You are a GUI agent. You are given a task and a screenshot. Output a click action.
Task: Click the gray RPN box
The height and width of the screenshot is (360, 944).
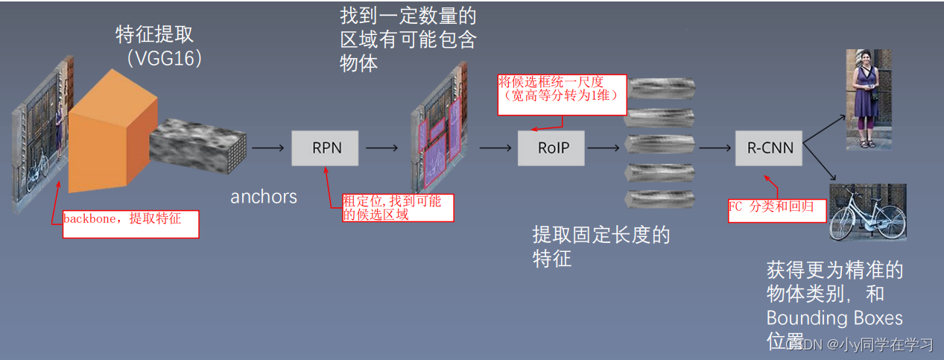point(325,148)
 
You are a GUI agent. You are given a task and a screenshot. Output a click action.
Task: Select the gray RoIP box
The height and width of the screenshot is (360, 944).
point(551,148)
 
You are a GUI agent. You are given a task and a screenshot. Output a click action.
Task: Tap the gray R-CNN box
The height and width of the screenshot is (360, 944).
point(770,148)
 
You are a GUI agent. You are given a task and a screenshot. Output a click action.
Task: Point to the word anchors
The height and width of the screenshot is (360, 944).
point(264,197)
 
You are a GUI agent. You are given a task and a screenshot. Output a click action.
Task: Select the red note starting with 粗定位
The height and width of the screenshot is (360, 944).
point(397,208)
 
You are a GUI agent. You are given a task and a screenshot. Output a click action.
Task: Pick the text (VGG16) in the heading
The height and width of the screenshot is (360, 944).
point(164,59)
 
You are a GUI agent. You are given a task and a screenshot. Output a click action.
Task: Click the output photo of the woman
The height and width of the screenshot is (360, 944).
point(865,100)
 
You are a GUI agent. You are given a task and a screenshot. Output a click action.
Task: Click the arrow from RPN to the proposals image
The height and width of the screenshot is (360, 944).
point(382,148)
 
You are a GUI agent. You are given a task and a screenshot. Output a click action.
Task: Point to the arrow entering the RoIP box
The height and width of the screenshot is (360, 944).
point(495,148)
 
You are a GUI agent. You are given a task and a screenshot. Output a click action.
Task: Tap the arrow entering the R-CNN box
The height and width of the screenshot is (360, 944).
point(715,148)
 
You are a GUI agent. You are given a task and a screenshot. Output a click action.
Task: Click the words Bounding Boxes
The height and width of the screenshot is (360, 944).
point(834,318)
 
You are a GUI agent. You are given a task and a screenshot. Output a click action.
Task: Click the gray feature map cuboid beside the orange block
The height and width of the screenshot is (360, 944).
point(197,148)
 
